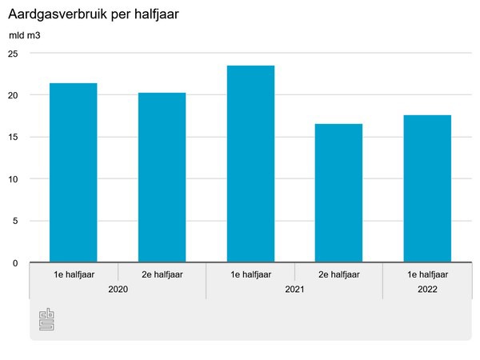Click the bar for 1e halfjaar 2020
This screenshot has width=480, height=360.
[x=74, y=173]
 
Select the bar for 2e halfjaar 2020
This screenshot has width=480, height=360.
[x=162, y=178]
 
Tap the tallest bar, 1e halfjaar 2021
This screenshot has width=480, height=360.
[x=250, y=164]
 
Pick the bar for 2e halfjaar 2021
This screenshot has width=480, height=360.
[x=338, y=193]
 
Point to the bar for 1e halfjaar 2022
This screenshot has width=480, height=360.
[x=427, y=189]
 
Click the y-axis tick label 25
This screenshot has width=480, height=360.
[x=13, y=53]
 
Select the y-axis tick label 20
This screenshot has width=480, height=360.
[x=13, y=95]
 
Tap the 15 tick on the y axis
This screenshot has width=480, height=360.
[x=13, y=137]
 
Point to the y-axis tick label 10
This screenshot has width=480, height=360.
[x=13, y=179]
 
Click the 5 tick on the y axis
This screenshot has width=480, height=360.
[x=15, y=221]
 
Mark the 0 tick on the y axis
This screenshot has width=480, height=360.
[x=15, y=263]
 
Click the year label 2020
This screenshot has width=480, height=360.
[x=118, y=288]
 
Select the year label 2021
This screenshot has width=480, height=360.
[x=294, y=288]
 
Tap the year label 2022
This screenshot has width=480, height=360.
[x=427, y=288]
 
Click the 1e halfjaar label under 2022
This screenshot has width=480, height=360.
[x=427, y=274]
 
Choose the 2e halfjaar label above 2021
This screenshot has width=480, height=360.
[x=338, y=274]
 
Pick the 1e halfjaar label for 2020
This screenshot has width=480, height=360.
[x=74, y=274]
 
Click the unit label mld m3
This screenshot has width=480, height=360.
[x=25, y=36]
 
